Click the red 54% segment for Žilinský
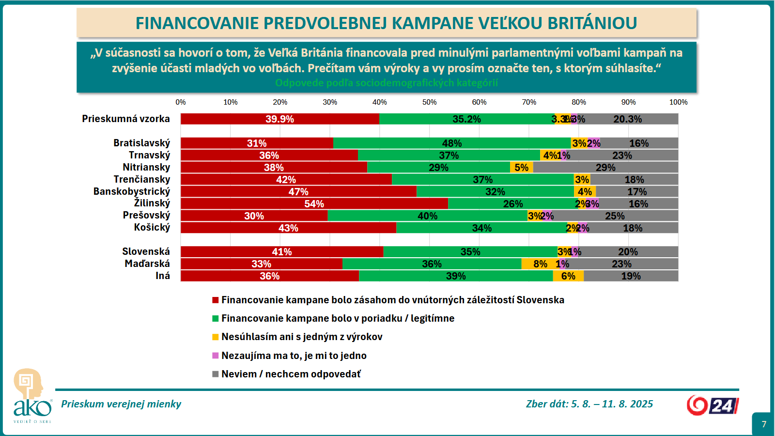[314, 203]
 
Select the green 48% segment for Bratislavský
[451, 143]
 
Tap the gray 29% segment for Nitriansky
[605, 167]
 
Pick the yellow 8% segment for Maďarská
[540, 264]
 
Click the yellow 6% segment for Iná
[568, 276]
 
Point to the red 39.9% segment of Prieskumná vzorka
[279, 119]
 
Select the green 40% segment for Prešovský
[427, 216]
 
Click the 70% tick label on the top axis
[529, 102]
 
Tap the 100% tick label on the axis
[678, 102]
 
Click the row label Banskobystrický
[132, 191]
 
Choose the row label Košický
[152, 227]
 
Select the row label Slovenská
[146, 251]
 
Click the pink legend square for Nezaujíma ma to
[216, 356]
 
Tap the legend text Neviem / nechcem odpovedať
[291, 374]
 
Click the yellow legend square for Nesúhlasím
[216, 337]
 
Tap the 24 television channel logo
[713, 405]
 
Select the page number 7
[764, 424]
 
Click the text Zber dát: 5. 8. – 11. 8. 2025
[589, 404]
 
